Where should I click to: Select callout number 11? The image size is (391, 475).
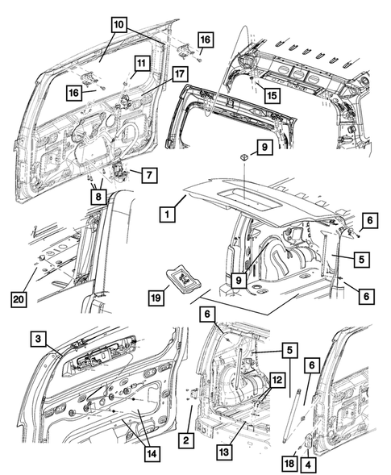click(140, 63)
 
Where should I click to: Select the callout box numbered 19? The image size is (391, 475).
click(158, 297)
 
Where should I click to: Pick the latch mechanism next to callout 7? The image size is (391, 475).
click(119, 170)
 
